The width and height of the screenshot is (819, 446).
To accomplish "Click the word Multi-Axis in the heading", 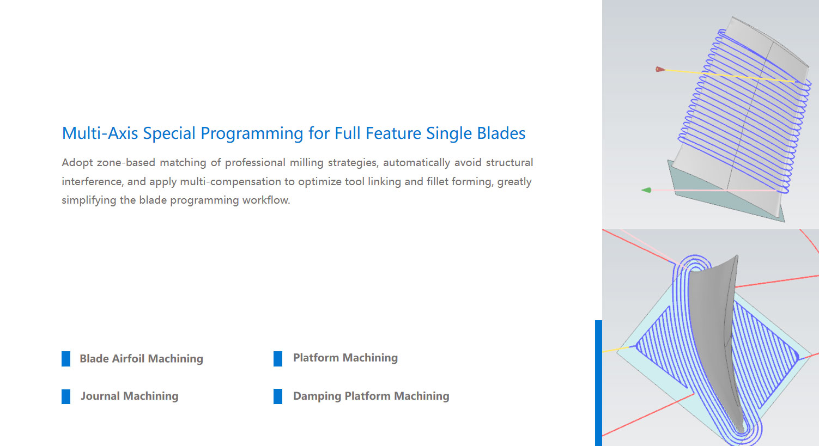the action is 100,133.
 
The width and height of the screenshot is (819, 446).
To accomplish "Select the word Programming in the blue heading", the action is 252,133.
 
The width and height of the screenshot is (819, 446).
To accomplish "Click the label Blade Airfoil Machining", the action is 141,358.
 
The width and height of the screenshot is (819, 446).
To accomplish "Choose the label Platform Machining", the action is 345,358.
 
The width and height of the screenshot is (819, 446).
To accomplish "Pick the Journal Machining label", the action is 130,396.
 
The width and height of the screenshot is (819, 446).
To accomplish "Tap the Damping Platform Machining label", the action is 371,396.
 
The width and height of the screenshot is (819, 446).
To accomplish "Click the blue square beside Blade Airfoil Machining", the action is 66,359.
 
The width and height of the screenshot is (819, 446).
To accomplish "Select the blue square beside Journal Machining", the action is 66,396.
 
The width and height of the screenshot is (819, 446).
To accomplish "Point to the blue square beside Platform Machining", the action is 278,359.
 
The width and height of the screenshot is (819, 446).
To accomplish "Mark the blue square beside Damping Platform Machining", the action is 278,396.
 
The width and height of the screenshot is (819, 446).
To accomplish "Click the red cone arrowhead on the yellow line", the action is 660,69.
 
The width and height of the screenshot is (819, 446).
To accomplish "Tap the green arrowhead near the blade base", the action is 646,190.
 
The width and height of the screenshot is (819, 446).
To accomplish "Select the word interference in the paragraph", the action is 92,181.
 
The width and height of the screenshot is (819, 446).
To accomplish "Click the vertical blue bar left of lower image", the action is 598,383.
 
